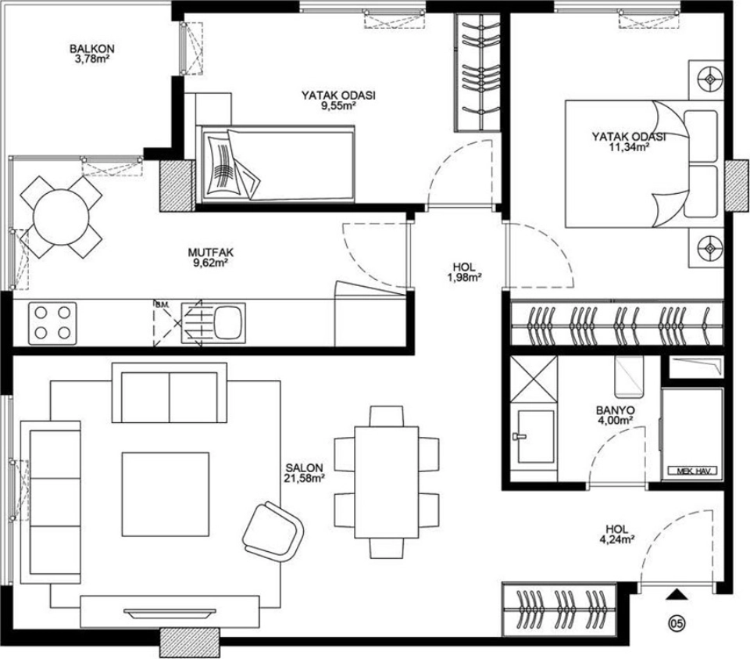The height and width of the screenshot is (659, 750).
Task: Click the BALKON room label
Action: pos(92,48)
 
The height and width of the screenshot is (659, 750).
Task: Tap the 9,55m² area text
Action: pos(338,106)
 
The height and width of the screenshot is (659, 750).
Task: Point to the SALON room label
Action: pos(304,467)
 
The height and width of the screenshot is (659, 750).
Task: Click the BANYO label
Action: pos(615,410)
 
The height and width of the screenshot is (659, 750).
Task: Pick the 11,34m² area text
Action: pos(628,147)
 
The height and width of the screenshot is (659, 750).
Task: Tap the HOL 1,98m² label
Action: pos(464,272)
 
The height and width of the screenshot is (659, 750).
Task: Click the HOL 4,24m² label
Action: pos(617,534)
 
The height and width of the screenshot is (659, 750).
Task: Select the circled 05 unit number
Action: pos(677,622)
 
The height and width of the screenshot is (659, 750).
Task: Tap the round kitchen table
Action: pos(61,217)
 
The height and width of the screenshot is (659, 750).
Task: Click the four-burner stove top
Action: pos(52,323)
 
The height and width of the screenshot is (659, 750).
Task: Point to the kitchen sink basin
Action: pos(227,323)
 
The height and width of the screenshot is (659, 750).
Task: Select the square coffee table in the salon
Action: pos(165,494)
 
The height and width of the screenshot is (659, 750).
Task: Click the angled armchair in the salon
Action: pos(273,532)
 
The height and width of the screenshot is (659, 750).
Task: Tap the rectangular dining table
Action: pos(387,482)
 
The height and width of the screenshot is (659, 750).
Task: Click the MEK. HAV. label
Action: pos(690,471)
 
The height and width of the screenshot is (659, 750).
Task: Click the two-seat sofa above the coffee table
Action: pos(170,392)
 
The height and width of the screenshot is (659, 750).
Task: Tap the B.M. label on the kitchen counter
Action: pos(159,304)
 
